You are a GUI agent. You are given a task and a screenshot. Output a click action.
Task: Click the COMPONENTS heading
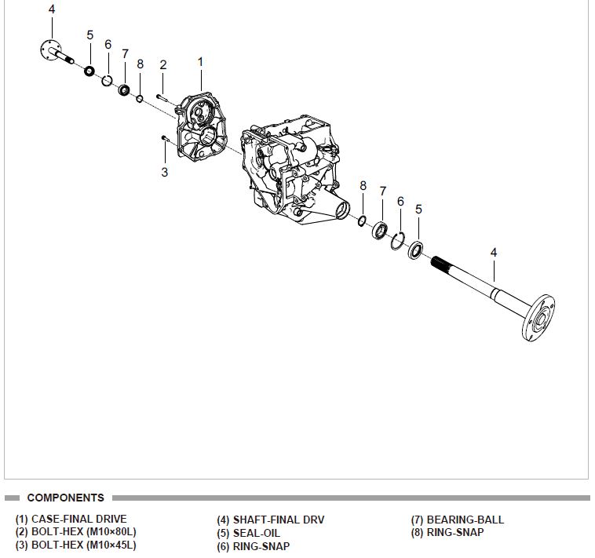(65, 498)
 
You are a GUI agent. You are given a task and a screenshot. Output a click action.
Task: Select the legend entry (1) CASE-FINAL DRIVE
(71, 519)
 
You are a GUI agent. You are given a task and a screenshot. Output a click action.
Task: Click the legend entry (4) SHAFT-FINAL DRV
(270, 520)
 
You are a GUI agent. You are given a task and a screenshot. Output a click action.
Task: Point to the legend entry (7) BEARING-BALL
(458, 520)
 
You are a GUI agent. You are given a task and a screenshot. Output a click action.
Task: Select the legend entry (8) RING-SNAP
(447, 532)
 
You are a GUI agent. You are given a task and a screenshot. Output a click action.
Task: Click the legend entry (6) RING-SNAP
(253, 546)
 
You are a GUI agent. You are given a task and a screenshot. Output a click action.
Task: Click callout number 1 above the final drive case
(200, 61)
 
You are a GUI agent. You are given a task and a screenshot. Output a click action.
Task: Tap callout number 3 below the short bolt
(164, 172)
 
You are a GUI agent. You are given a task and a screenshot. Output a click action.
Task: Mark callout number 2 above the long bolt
(162, 64)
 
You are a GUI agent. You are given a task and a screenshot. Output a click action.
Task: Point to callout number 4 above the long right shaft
(494, 252)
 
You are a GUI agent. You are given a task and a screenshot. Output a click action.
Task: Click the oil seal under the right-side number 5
(415, 250)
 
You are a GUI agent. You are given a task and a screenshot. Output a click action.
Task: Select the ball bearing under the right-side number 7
(381, 231)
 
